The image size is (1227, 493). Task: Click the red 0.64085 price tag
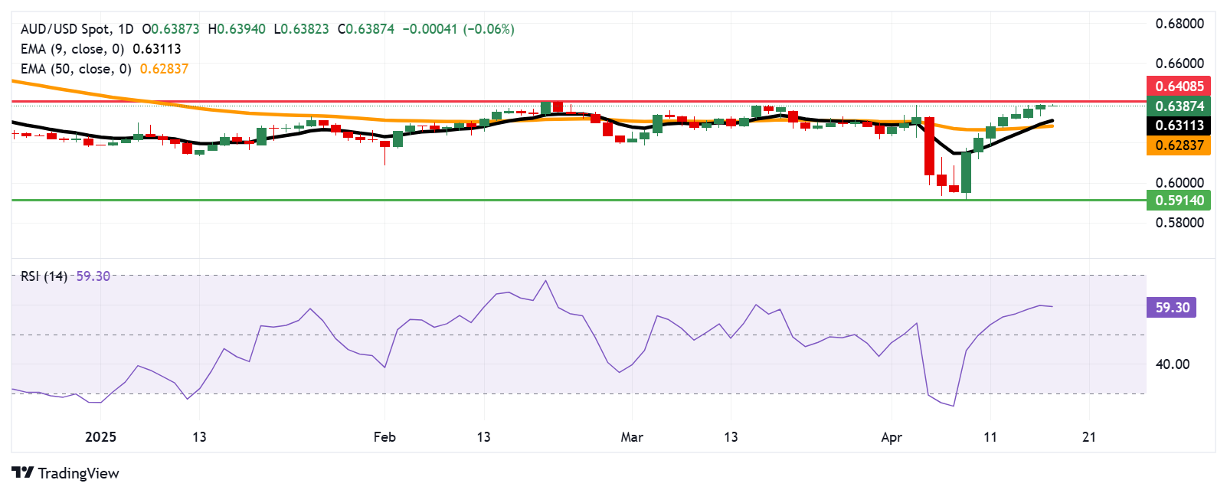click(1179, 87)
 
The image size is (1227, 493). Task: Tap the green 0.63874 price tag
click(1179, 106)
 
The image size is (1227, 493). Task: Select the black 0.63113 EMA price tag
click(1179, 126)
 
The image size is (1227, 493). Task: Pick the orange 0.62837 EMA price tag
click(1179, 145)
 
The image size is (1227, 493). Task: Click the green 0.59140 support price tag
click(1179, 201)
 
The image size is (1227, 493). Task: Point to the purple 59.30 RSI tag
click(1172, 308)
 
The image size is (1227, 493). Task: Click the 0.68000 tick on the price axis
click(1180, 24)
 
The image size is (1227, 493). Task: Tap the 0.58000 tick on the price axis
click(1180, 223)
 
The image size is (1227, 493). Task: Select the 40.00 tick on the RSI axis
click(1172, 364)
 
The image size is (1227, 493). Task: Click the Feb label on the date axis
click(384, 437)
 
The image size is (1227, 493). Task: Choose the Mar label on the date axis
click(632, 437)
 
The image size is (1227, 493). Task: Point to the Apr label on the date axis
click(892, 437)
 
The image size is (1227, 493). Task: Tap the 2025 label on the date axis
click(100, 437)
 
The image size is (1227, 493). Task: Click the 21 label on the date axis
click(1089, 437)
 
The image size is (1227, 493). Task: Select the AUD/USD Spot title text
click(65, 29)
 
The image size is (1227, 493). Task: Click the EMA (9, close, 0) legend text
click(72, 49)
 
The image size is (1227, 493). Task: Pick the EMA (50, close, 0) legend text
click(76, 69)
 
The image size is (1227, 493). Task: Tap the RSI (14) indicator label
click(44, 276)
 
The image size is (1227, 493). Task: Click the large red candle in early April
click(930, 146)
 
